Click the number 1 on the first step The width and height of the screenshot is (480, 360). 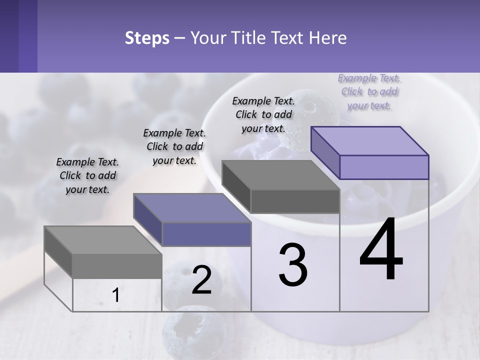[116, 295]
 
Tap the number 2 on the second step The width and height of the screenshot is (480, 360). [201, 280]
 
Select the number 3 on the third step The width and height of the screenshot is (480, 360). [293, 265]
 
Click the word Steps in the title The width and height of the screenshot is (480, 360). [147, 38]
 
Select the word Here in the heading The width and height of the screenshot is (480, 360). [328, 38]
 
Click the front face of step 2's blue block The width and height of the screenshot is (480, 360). [206, 234]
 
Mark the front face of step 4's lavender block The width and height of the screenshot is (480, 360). [384, 167]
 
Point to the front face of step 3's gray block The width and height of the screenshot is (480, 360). [295, 201]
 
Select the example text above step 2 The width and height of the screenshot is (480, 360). [174, 147]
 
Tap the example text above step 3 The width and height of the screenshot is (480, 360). [263, 114]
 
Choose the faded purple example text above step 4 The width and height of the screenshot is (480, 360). [369, 92]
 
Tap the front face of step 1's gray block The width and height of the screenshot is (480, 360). [117, 266]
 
